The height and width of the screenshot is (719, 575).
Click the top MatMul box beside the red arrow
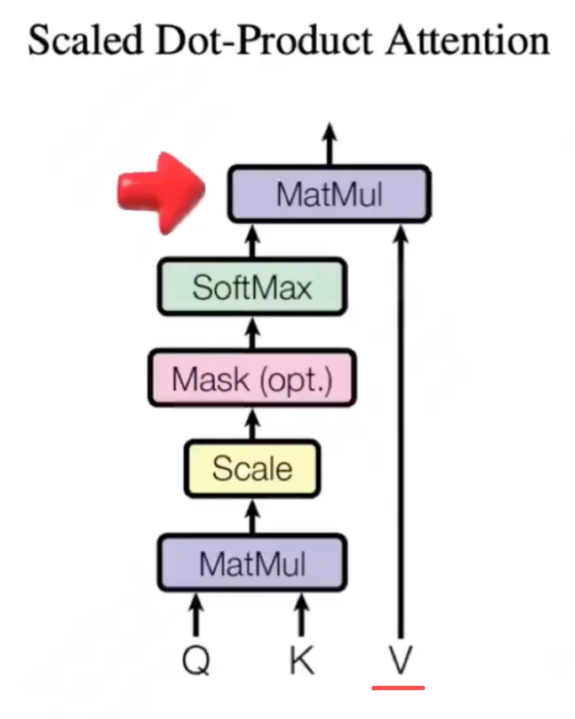[x=329, y=194]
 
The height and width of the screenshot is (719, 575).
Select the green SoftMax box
[x=252, y=287]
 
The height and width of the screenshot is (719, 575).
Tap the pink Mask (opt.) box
[x=252, y=379]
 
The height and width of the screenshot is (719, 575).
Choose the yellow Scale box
[x=252, y=469]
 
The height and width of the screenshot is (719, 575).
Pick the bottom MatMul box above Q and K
[x=252, y=564]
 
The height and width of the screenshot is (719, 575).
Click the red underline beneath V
[x=398, y=688]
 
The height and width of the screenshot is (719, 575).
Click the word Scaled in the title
[x=85, y=41]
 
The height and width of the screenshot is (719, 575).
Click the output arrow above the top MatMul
[x=329, y=144]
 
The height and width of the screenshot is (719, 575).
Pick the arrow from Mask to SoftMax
[x=253, y=334]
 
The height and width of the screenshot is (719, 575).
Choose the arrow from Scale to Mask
[x=253, y=425]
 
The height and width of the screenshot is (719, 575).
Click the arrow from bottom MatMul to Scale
[x=253, y=516]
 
